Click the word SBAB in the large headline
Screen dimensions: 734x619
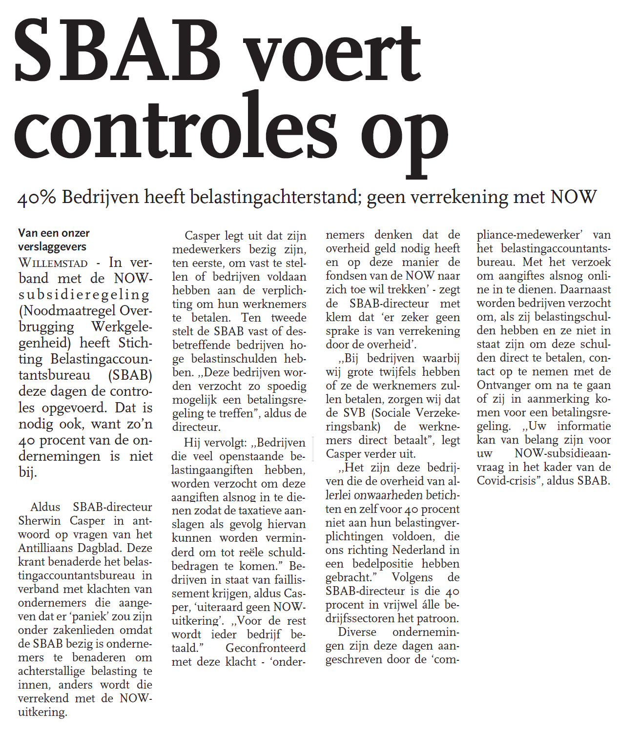coord(117,51)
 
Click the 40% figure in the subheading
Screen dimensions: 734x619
coord(37,198)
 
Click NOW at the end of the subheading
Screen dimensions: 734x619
coord(573,197)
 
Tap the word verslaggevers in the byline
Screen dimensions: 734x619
coord(52,247)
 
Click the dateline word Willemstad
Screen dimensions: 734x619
coord(53,264)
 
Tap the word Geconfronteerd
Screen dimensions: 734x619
coord(266,648)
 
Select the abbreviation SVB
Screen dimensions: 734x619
coord(353,413)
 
